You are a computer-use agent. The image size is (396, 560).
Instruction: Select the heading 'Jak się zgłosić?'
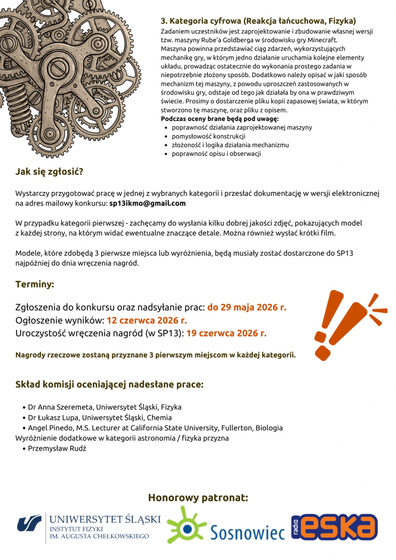pos(49,172)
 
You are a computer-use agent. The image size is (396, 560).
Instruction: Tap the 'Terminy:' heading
pos(34,284)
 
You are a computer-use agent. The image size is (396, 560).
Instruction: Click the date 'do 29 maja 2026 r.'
pos(247,307)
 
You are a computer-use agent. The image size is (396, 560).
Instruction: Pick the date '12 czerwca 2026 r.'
pos(147,320)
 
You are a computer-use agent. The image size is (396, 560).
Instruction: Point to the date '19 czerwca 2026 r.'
pos(226,332)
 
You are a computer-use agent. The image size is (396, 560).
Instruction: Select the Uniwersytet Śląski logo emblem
pos(29,524)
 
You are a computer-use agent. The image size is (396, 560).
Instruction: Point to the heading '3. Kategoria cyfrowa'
pos(200,21)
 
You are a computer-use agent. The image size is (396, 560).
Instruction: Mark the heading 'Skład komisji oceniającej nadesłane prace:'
pos(109,384)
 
